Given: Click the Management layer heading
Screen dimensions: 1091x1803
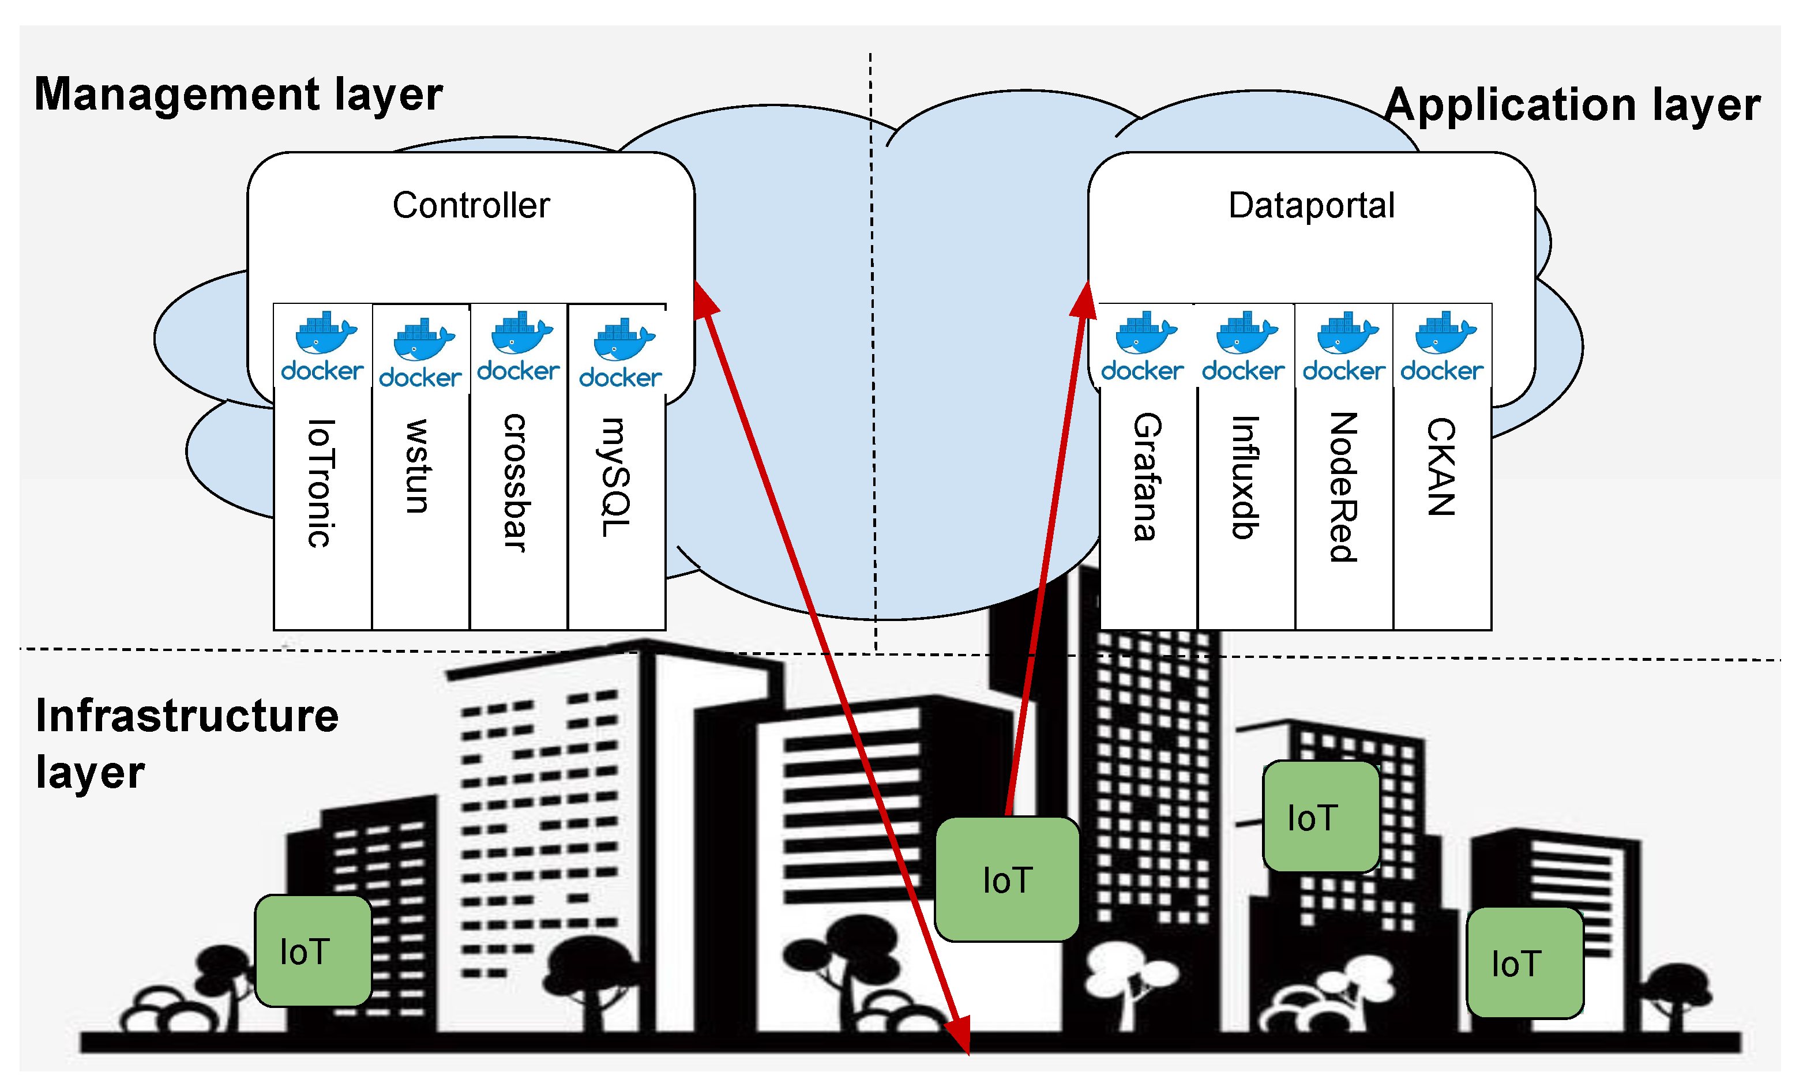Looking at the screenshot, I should [x=239, y=95].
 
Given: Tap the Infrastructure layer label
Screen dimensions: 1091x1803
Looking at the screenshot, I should [x=187, y=743].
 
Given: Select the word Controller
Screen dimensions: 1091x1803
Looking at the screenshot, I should [x=471, y=206].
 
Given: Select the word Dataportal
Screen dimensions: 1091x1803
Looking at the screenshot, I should [x=1311, y=206].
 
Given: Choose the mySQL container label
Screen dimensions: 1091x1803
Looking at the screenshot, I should [x=615, y=477].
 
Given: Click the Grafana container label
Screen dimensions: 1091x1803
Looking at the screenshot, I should [x=1147, y=477].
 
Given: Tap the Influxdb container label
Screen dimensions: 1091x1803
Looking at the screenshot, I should [x=1245, y=477].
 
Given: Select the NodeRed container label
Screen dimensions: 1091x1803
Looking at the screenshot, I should [x=1343, y=487].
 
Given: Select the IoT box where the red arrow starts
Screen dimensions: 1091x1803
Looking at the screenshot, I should [x=1007, y=879].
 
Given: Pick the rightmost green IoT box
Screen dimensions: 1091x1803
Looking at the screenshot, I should [x=1525, y=963].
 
